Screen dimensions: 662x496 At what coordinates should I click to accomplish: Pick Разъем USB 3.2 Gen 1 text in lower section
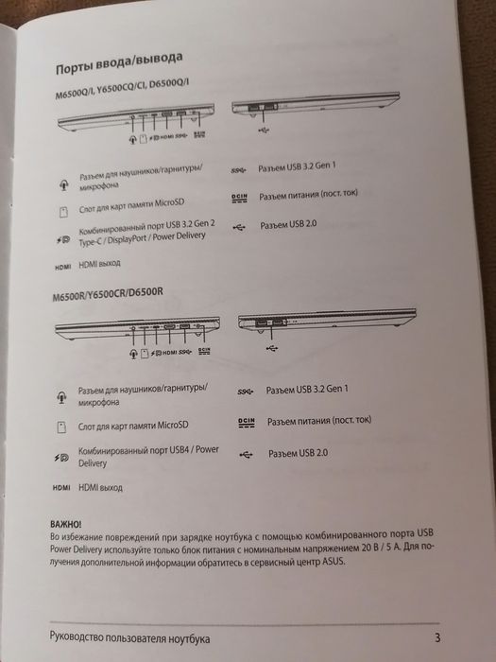(x=308, y=389)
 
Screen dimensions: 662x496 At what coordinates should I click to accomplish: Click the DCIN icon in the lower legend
(x=246, y=420)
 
